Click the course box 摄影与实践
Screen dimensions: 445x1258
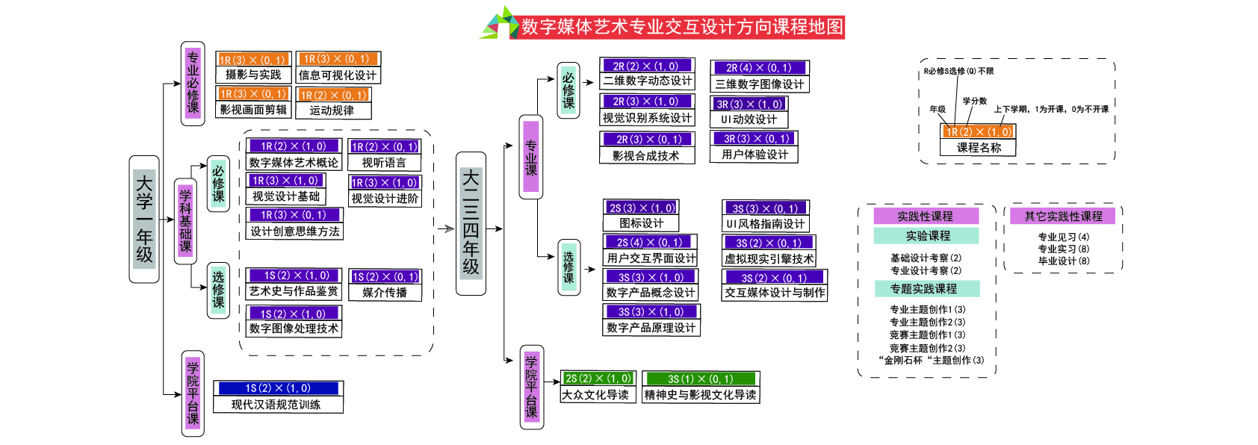point(253,74)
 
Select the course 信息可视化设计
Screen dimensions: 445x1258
point(338,75)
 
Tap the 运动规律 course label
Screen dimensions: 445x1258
point(332,110)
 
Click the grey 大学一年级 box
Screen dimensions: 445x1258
point(144,219)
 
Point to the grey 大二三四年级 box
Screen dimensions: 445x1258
point(471,223)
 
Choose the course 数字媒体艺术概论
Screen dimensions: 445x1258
point(294,162)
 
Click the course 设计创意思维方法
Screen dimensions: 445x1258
point(294,231)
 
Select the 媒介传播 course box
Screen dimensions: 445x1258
point(385,292)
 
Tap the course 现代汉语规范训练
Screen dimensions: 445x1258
point(277,404)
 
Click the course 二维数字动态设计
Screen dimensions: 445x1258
point(647,81)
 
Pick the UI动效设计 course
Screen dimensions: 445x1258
point(749,119)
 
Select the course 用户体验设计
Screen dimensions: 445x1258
point(755,155)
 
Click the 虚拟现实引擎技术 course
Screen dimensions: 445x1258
point(769,258)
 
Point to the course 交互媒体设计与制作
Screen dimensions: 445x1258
point(775,293)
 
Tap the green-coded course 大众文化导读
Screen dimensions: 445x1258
point(595,394)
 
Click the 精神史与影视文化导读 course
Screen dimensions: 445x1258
point(700,394)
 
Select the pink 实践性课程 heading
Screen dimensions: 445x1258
point(926,216)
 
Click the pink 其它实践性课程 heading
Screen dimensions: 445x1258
point(1063,216)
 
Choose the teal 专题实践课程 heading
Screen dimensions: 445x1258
point(927,288)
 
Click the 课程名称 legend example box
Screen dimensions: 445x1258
point(978,147)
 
